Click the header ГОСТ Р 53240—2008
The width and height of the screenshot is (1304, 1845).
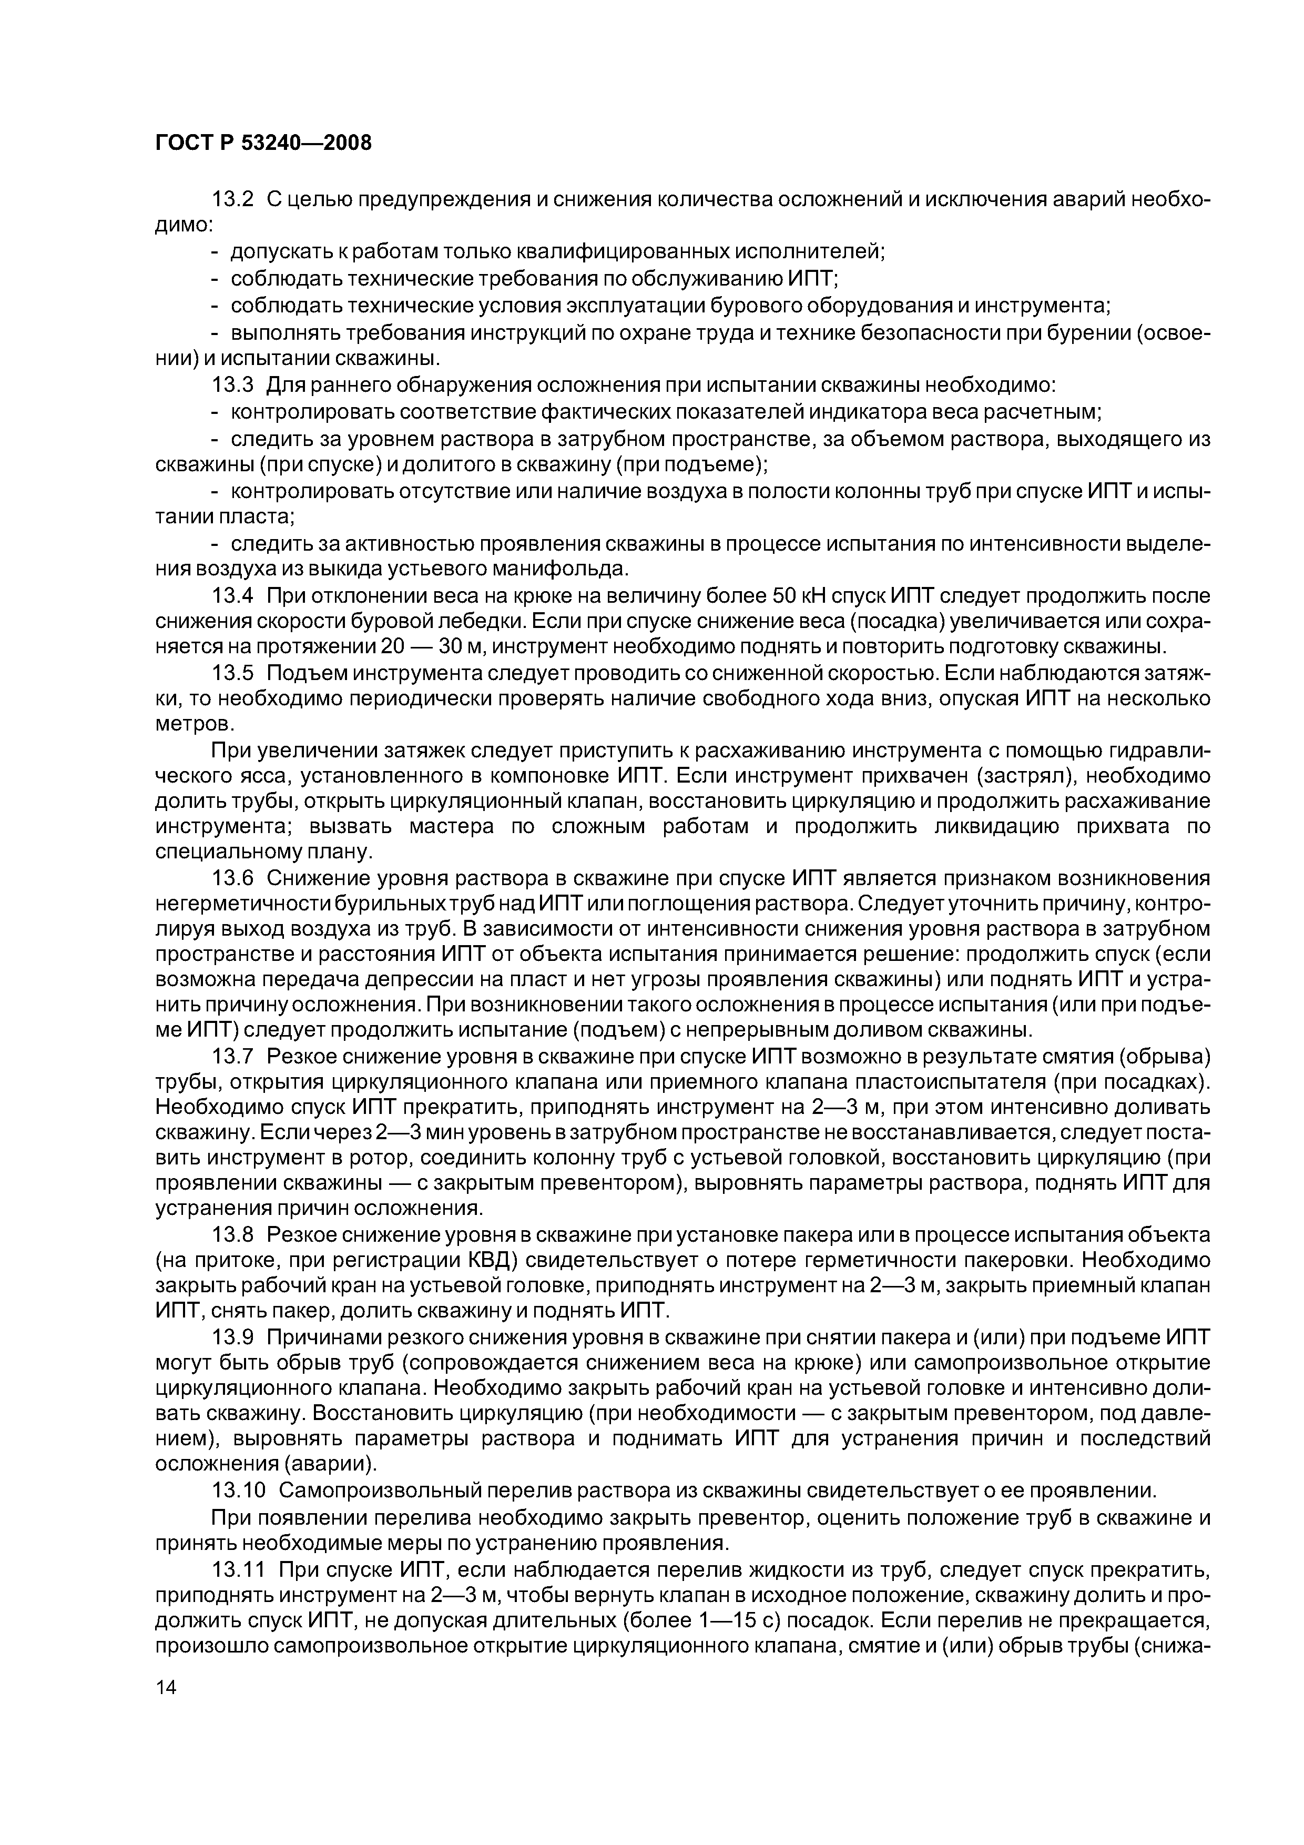[263, 143]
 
